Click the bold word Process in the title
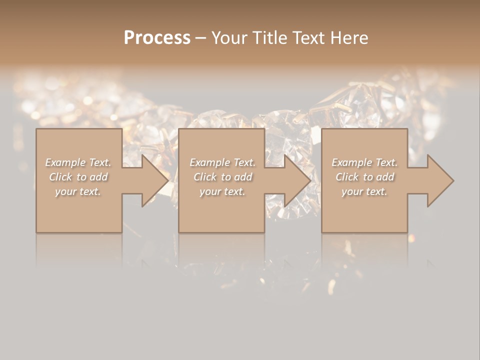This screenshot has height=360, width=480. point(157,37)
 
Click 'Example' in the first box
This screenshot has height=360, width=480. point(65,162)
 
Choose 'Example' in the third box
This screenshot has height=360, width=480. point(352,162)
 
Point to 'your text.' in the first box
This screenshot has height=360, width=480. point(78,191)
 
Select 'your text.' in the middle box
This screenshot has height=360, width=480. point(222,191)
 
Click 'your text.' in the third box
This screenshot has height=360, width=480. point(364,191)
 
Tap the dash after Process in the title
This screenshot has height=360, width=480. point(200,38)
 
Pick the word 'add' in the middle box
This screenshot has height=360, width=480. point(242,177)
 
